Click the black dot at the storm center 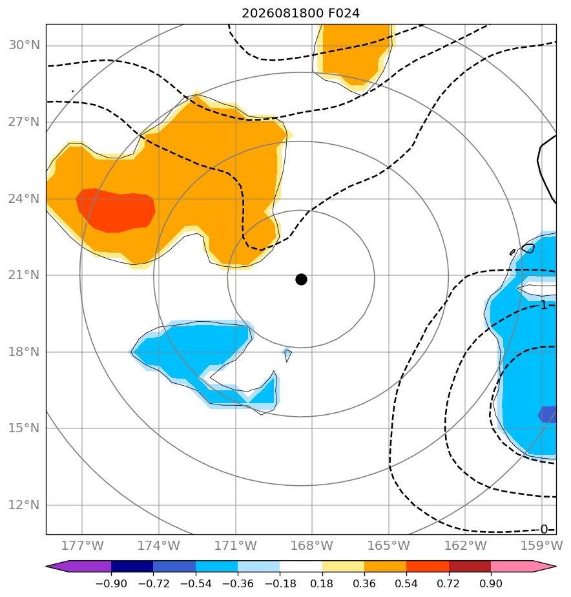pos(301,280)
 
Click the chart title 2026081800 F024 pos(301,14)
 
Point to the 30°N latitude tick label pos(24,45)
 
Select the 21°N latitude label pos(24,275)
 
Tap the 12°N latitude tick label pos(24,505)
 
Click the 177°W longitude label pos(82,545)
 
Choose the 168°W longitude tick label pos(312,545)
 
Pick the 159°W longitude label pos(541,545)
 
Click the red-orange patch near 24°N pos(116,210)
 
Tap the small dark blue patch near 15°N pos(548,415)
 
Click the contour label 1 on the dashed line pos(544,305)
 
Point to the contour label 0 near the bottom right pos(544,529)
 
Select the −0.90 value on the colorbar pos(111,583)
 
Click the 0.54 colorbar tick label pos(406,583)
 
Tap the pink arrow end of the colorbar pos(545,566)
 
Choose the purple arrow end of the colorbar pos(57,566)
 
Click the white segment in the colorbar pos(301,566)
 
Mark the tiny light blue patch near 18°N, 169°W pos(287,355)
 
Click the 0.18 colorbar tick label pos(322,583)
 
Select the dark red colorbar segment pos(470,566)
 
